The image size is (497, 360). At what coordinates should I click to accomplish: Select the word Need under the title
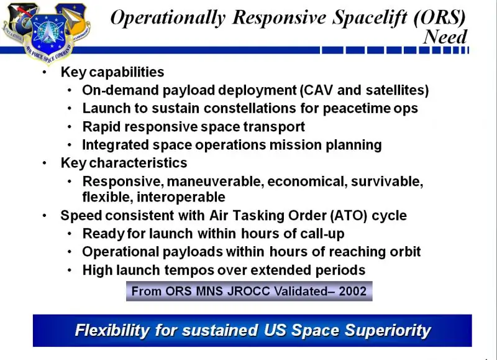445,37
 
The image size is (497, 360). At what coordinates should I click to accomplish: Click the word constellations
250,108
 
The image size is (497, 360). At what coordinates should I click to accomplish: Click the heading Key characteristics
124,163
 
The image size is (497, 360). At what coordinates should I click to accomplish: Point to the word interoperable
181,197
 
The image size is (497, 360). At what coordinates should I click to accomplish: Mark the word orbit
405,252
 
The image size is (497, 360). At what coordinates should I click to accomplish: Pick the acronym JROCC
250,291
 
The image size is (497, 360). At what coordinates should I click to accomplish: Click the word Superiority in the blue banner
387,330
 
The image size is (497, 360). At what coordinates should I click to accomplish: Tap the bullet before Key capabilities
44,72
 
